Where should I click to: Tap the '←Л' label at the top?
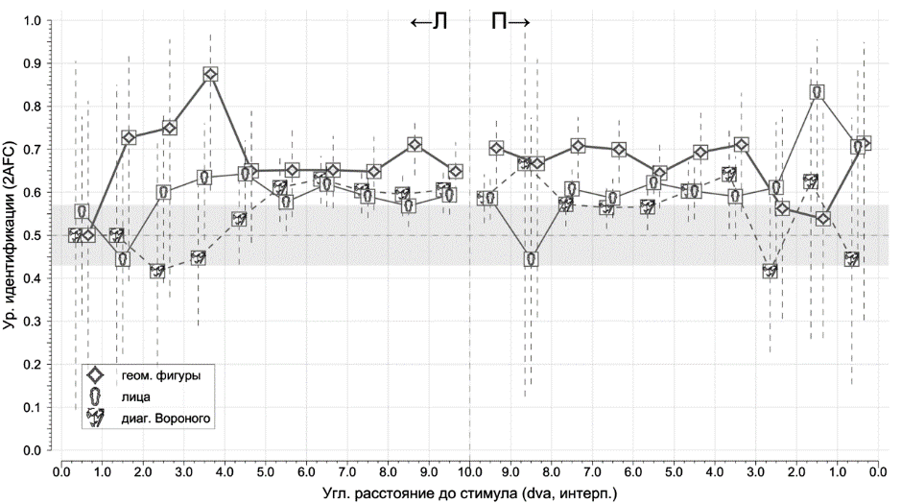(429, 22)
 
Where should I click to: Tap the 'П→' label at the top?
(510, 22)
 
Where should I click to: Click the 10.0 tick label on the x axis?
(469, 471)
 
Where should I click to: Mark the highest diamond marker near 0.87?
(210, 74)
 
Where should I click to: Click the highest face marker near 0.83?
(818, 92)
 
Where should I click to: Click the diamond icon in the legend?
(95, 374)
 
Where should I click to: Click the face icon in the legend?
(95, 396)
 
